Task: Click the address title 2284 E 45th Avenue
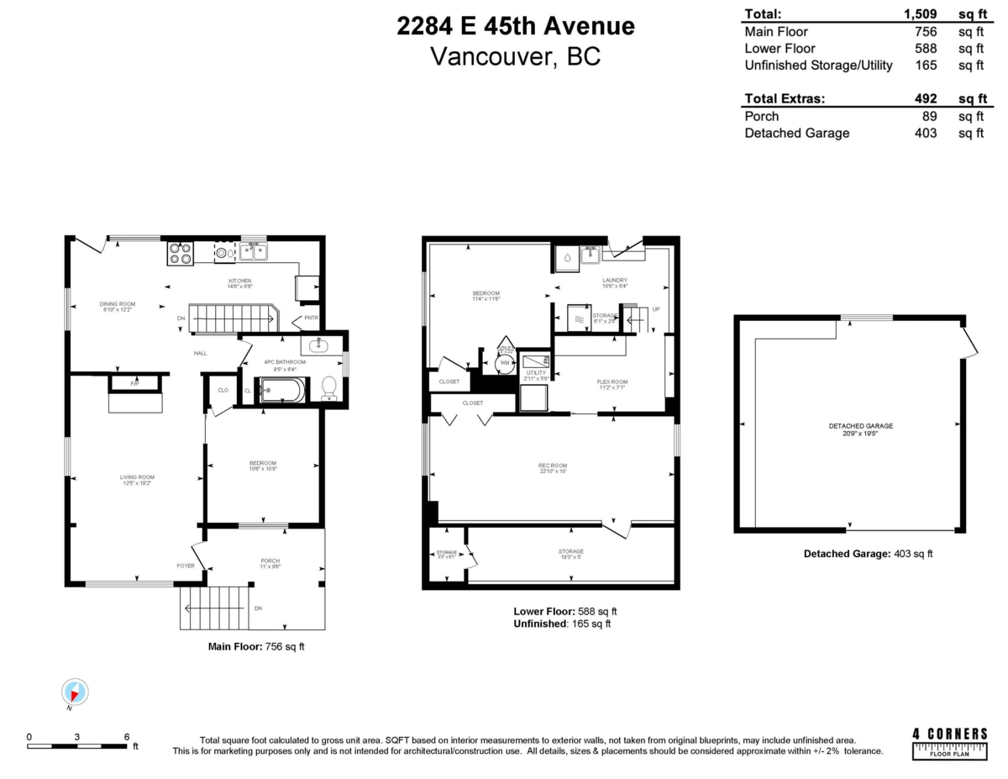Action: (516, 26)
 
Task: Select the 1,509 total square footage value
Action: (918, 13)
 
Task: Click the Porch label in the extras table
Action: (761, 116)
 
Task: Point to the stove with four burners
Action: (180, 253)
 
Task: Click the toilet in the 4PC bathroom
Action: (328, 387)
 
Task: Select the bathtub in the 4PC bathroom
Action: (282, 391)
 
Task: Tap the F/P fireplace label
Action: (134, 383)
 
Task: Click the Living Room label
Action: (137, 477)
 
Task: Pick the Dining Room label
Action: (118, 304)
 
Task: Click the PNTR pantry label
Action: (311, 318)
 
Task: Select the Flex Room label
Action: (612, 382)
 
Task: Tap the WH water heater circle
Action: (504, 363)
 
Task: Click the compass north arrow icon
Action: (76, 692)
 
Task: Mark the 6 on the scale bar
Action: (127, 736)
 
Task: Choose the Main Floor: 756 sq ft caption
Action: (256, 647)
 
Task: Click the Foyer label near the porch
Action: (186, 566)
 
